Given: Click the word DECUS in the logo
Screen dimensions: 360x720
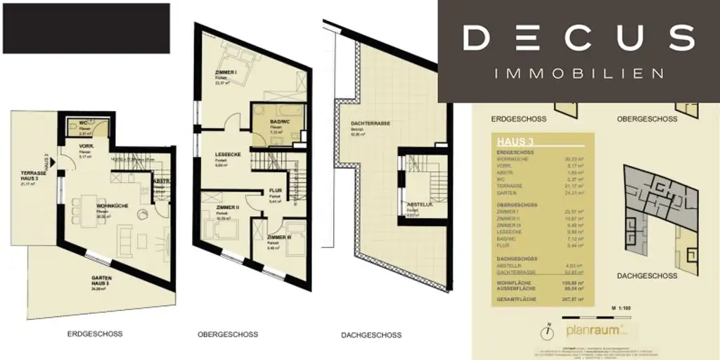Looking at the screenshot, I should pos(579,37).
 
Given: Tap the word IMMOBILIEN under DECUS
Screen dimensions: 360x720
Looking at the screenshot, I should pos(579,73).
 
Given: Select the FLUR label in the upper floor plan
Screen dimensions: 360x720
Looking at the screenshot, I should pos(275,191).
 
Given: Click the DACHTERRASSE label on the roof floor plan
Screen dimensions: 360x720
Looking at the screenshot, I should pos(370,123).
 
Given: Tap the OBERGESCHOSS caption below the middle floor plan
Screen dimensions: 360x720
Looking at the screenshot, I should pos(227,334).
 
